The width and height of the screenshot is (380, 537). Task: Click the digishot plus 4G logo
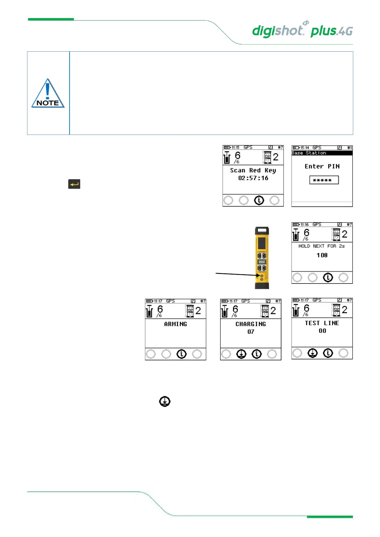pos(302,30)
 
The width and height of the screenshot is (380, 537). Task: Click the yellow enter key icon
pos(74,184)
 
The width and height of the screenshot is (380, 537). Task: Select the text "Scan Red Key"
pos(253,171)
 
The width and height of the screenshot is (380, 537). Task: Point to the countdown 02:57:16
pos(253,178)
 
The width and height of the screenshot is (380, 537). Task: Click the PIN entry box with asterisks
pos(324,180)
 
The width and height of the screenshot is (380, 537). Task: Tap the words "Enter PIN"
pos(322,166)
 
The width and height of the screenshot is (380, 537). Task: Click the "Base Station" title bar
pos(322,153)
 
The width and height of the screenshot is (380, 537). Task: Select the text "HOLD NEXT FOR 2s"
pos(321,246)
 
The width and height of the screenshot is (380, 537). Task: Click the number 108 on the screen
pos(322,255)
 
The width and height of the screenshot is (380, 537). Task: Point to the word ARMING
pos(175,324)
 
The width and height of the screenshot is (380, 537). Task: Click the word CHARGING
pos(250,324)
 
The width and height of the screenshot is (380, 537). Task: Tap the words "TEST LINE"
pos(322,323)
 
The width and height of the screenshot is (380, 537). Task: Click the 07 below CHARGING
pos(251,332)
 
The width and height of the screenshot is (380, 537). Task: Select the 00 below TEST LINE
pos(322,331)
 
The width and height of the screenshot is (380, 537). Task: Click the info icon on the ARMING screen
pos(182,354)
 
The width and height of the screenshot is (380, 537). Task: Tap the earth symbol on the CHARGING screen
pos(241,354)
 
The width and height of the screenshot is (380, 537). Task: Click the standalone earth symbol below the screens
pos(165,401)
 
